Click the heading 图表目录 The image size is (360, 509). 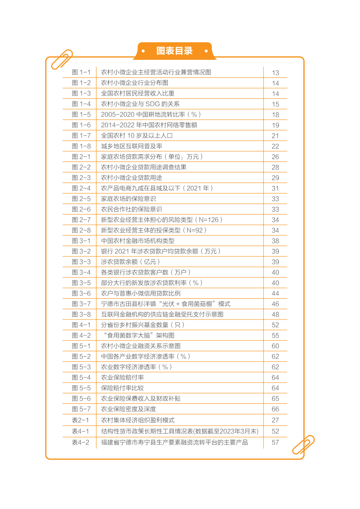(174, 51)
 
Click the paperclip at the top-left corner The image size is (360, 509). (62, 59)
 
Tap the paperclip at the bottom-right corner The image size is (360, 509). (303, 445)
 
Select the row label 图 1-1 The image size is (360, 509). (81, 72)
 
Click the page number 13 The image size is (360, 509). (275, 73)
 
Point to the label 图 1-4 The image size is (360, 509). (81, 104)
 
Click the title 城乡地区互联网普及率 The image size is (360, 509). (131, 146)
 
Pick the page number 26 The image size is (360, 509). (275, 157)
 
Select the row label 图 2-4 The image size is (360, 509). (81, 188)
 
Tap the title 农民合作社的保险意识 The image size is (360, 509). (131, 209)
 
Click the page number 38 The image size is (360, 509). (275, 241)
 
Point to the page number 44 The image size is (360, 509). (275, 293)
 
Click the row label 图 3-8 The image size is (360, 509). (81, 314)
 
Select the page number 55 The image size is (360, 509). (275, 335)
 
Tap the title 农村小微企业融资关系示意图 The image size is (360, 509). (141, 346)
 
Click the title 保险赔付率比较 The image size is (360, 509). (122, 388)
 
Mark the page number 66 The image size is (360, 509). (275, 409)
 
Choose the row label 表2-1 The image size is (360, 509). (81, 420)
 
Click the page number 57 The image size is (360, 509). (275, 442)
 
